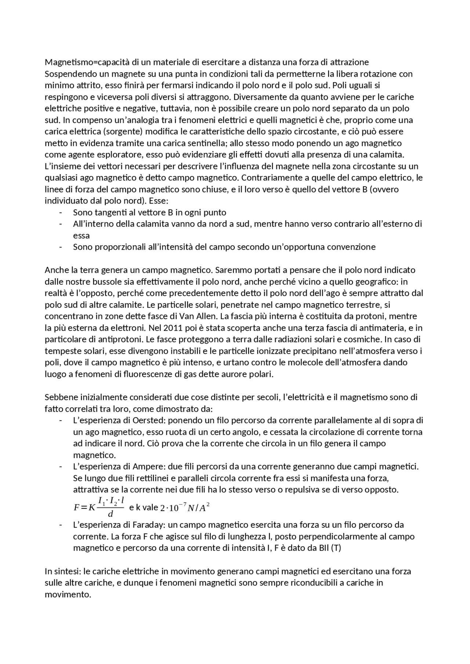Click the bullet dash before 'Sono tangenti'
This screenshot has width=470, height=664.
click(61, 213)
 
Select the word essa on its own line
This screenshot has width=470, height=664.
click(81, 235)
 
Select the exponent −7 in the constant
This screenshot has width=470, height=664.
click(182, 506)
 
